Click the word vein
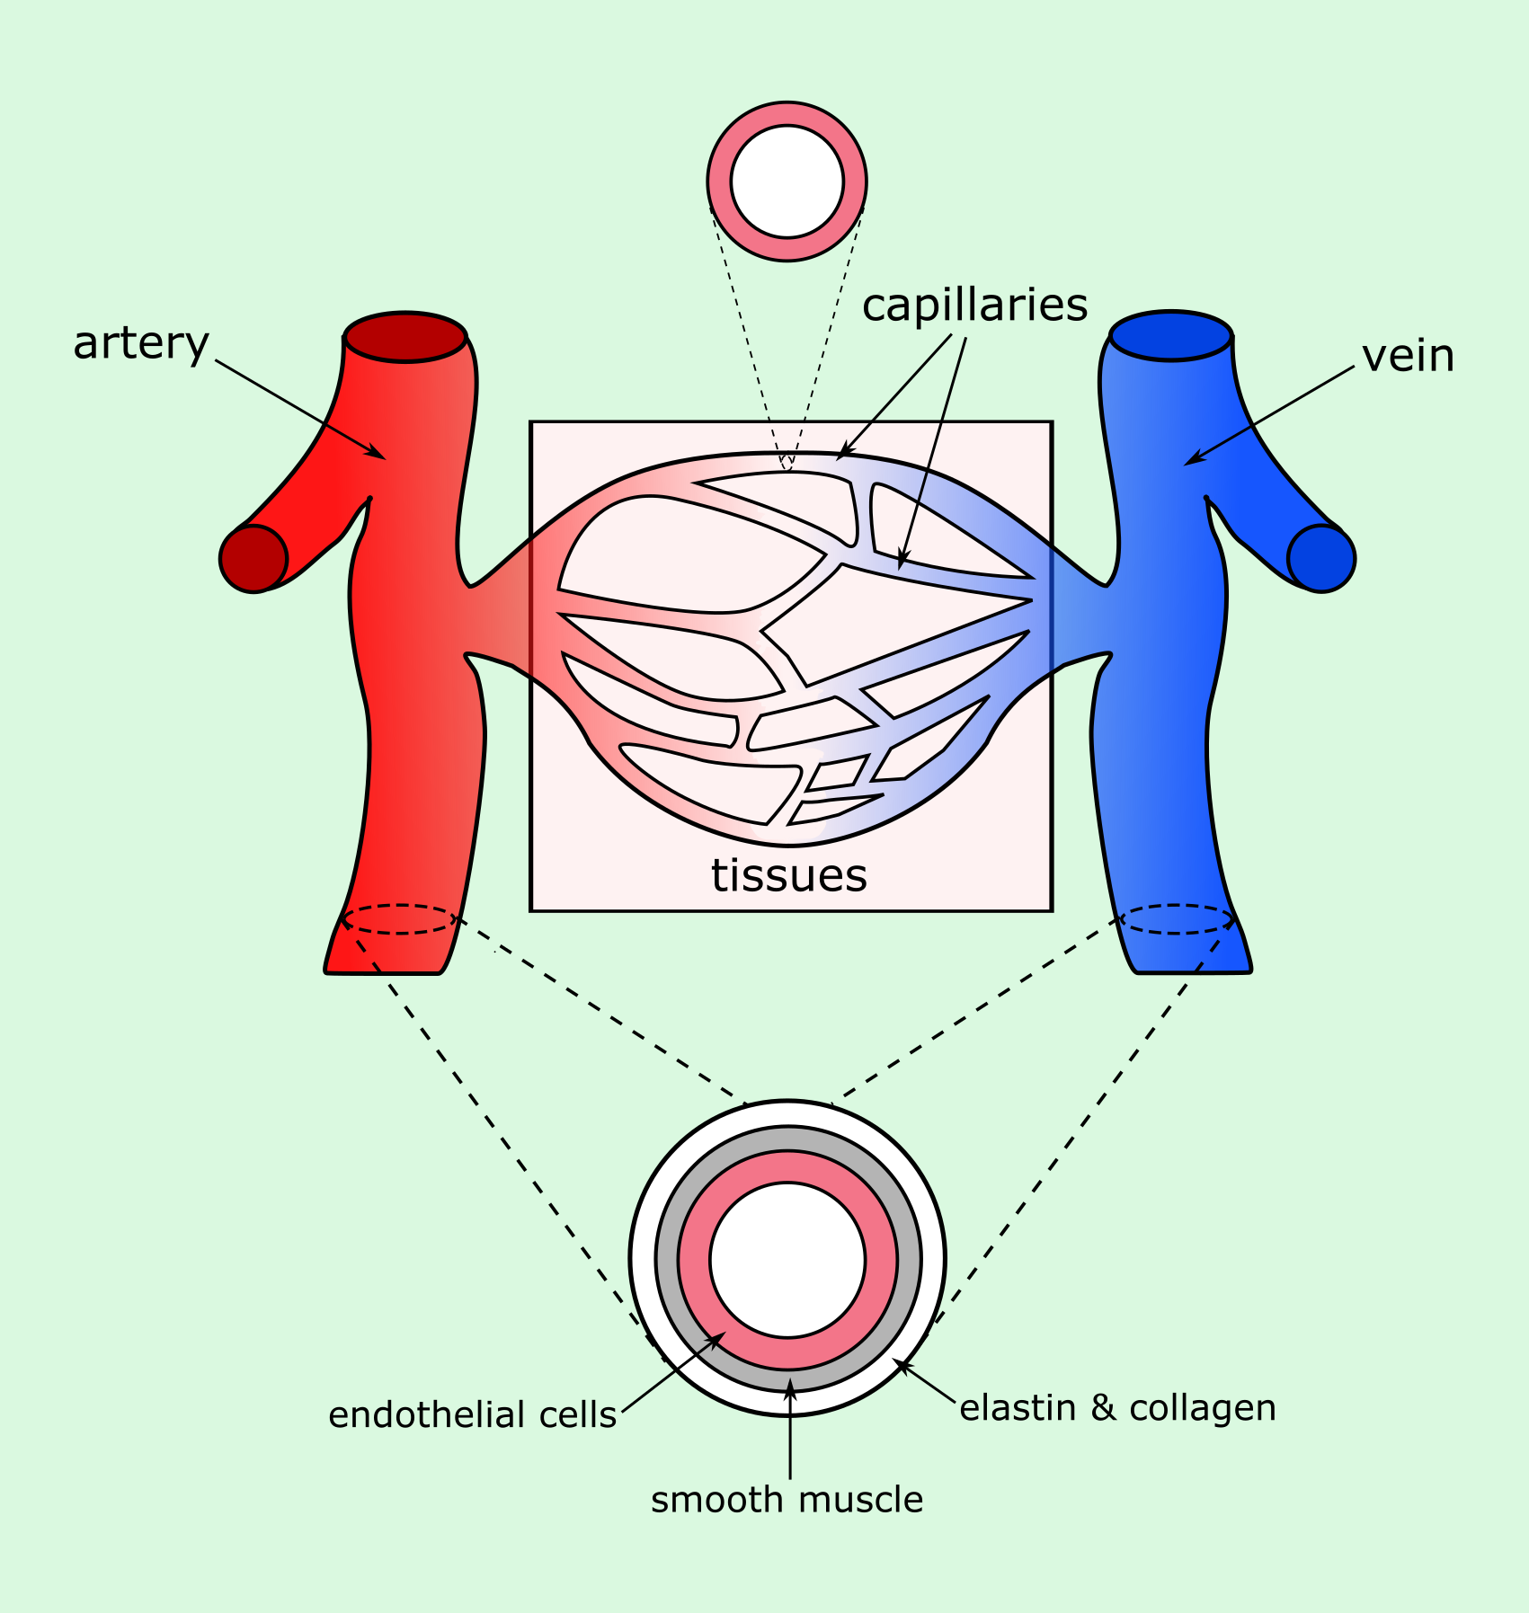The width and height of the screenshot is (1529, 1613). (x=1408, y=357)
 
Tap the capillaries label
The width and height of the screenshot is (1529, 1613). (x=974, y=306)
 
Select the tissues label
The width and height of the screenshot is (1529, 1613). (x=789, y=875)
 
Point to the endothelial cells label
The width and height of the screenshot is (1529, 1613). (x=472, y=1415)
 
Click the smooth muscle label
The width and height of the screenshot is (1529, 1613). (x=787, y=1500)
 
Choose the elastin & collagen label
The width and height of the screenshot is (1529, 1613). (x=1117, y=1408)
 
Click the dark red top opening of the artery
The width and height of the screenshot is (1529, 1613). (x=405, y=337)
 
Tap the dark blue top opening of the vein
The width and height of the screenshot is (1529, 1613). (x=1171, y=336)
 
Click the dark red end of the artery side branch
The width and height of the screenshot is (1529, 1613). (x=253, y=558)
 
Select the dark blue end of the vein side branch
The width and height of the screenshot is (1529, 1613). (x=1321, y=558)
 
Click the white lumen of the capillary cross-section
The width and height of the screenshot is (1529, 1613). (x=787, y=182)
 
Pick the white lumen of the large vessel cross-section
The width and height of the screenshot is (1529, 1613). (x=787, y=1259)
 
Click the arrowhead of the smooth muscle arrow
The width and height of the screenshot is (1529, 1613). (x=789, y=1385)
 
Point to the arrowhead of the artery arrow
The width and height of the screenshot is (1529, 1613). (x=381, y=456)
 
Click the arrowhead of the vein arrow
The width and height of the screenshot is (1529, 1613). (x=1189, y=462)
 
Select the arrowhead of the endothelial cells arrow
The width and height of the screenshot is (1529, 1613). (x=721, y=1336)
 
